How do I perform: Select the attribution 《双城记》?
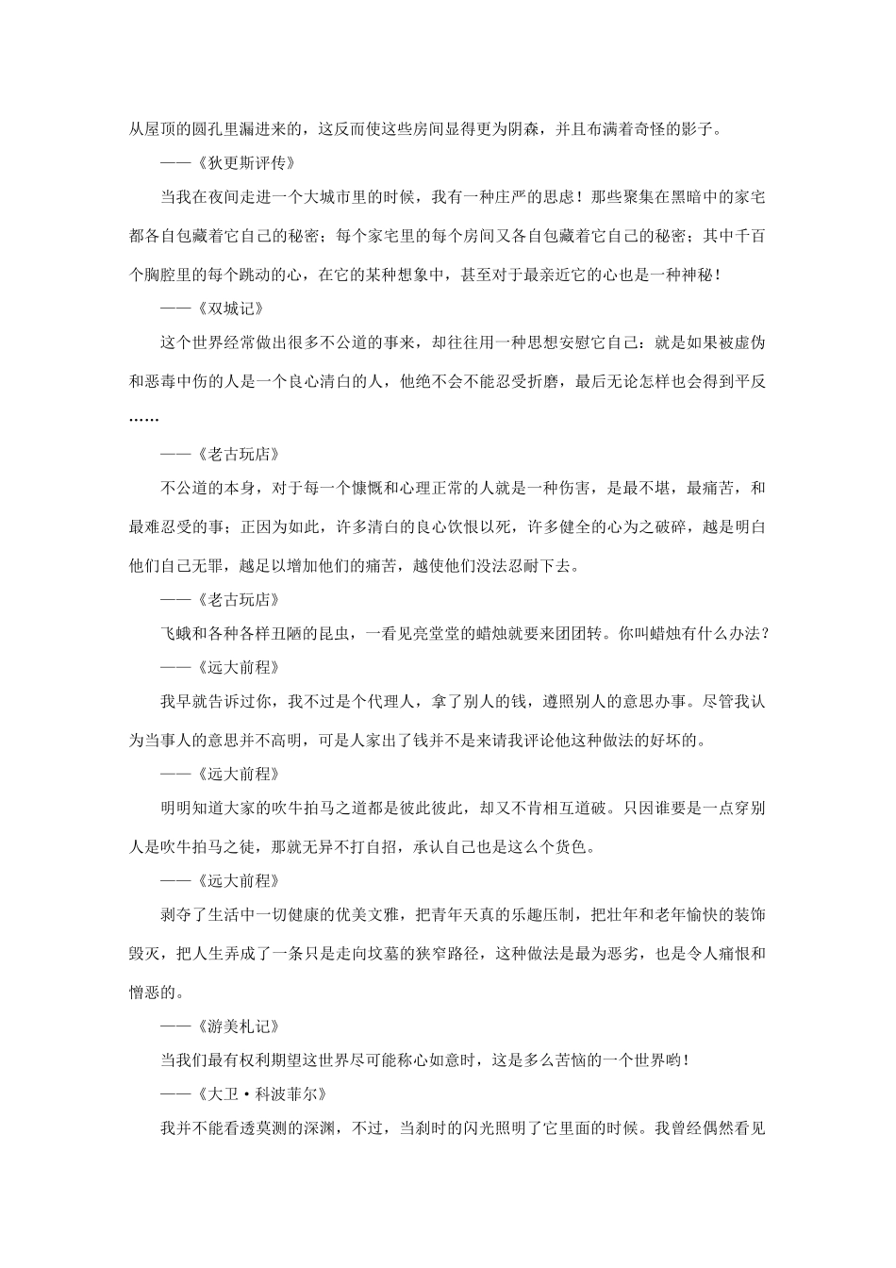click(x=231, y=308)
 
